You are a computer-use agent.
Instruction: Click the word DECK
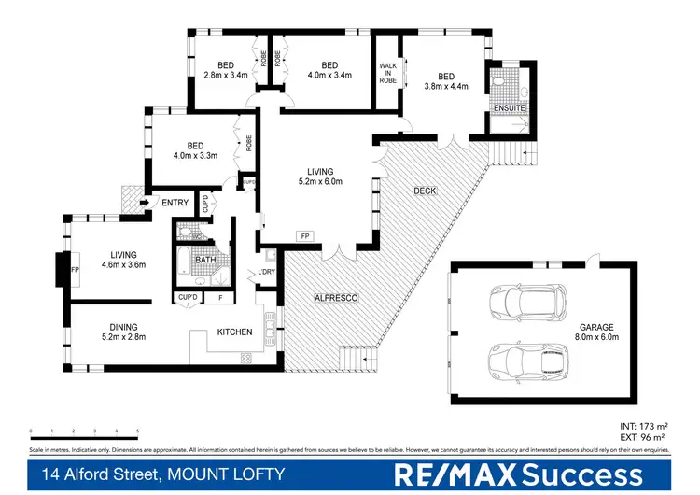pos(425,191)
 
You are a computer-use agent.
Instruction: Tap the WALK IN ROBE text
pos(387,74)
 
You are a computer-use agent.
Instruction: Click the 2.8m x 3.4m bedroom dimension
pos(225,76)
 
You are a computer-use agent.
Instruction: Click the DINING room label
pos(123,327)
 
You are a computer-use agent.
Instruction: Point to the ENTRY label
pos(175,203)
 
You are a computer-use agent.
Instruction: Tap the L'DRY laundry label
pos(266,273)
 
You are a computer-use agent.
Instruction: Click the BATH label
pos(205,260)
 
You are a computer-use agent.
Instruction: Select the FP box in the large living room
pos(304,235)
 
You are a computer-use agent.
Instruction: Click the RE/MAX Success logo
pos(521,474)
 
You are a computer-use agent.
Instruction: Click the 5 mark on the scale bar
pos(138,431)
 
